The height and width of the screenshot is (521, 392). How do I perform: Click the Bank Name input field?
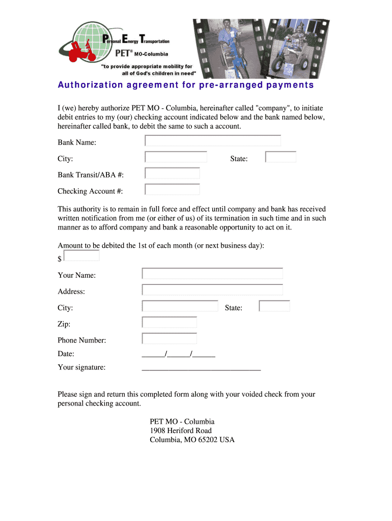[x=213, y=140]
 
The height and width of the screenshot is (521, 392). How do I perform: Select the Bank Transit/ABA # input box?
[x=173, y=173]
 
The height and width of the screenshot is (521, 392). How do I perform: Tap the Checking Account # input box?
[x=173, y=189]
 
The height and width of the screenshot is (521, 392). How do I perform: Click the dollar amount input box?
[x=81, y=256]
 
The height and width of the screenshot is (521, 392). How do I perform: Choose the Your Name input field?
[x=212, y=274]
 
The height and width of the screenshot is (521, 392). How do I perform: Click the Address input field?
[x=212, y=290]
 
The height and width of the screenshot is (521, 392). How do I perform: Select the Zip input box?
[x=170, y=322]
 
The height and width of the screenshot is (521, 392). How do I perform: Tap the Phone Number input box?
[x=170, y=338]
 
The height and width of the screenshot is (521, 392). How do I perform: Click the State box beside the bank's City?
[x=281, y=157]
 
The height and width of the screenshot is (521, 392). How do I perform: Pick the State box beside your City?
[x=274, y=306]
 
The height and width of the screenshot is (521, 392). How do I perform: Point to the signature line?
[x=201, y=368]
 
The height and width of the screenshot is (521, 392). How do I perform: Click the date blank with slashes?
[x=178, y=355]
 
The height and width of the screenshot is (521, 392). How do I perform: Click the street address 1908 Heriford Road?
[x=181, y=430]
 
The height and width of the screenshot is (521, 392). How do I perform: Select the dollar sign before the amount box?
[x=60, y=259]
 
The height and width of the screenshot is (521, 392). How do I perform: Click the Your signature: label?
[x=82, y=367]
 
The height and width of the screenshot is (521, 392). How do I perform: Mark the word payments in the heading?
[x=290, y=85]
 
